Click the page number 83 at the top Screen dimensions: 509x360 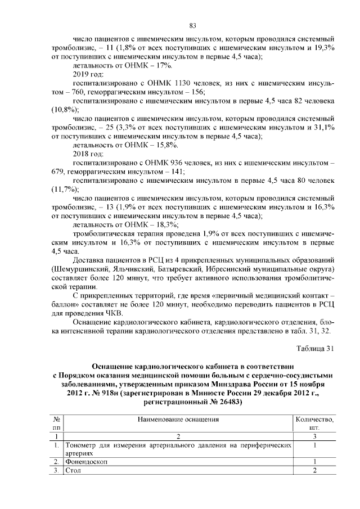pos(192,26)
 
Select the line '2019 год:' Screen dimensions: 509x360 pos(89,74)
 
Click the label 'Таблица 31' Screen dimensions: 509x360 pos(316,347)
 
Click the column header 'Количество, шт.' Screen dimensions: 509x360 pos(314,423)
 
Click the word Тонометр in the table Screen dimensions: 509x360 pos(82,444)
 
